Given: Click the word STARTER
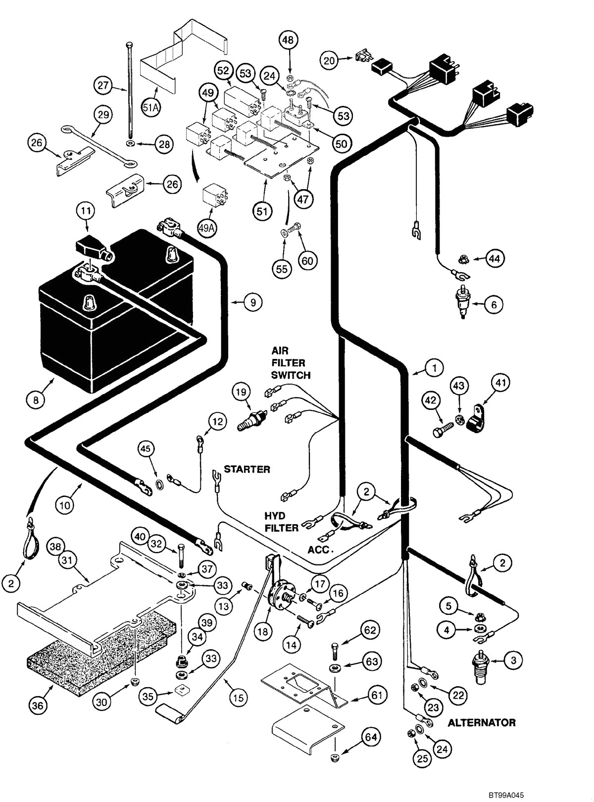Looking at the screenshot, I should [x=247, y=469].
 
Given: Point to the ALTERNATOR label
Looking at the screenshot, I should [x=481, y=722].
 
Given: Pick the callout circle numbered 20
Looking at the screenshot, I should [x=330, y=61].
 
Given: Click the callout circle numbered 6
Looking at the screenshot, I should [x=494, y=304].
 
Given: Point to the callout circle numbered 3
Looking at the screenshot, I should [x=513, y=660].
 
